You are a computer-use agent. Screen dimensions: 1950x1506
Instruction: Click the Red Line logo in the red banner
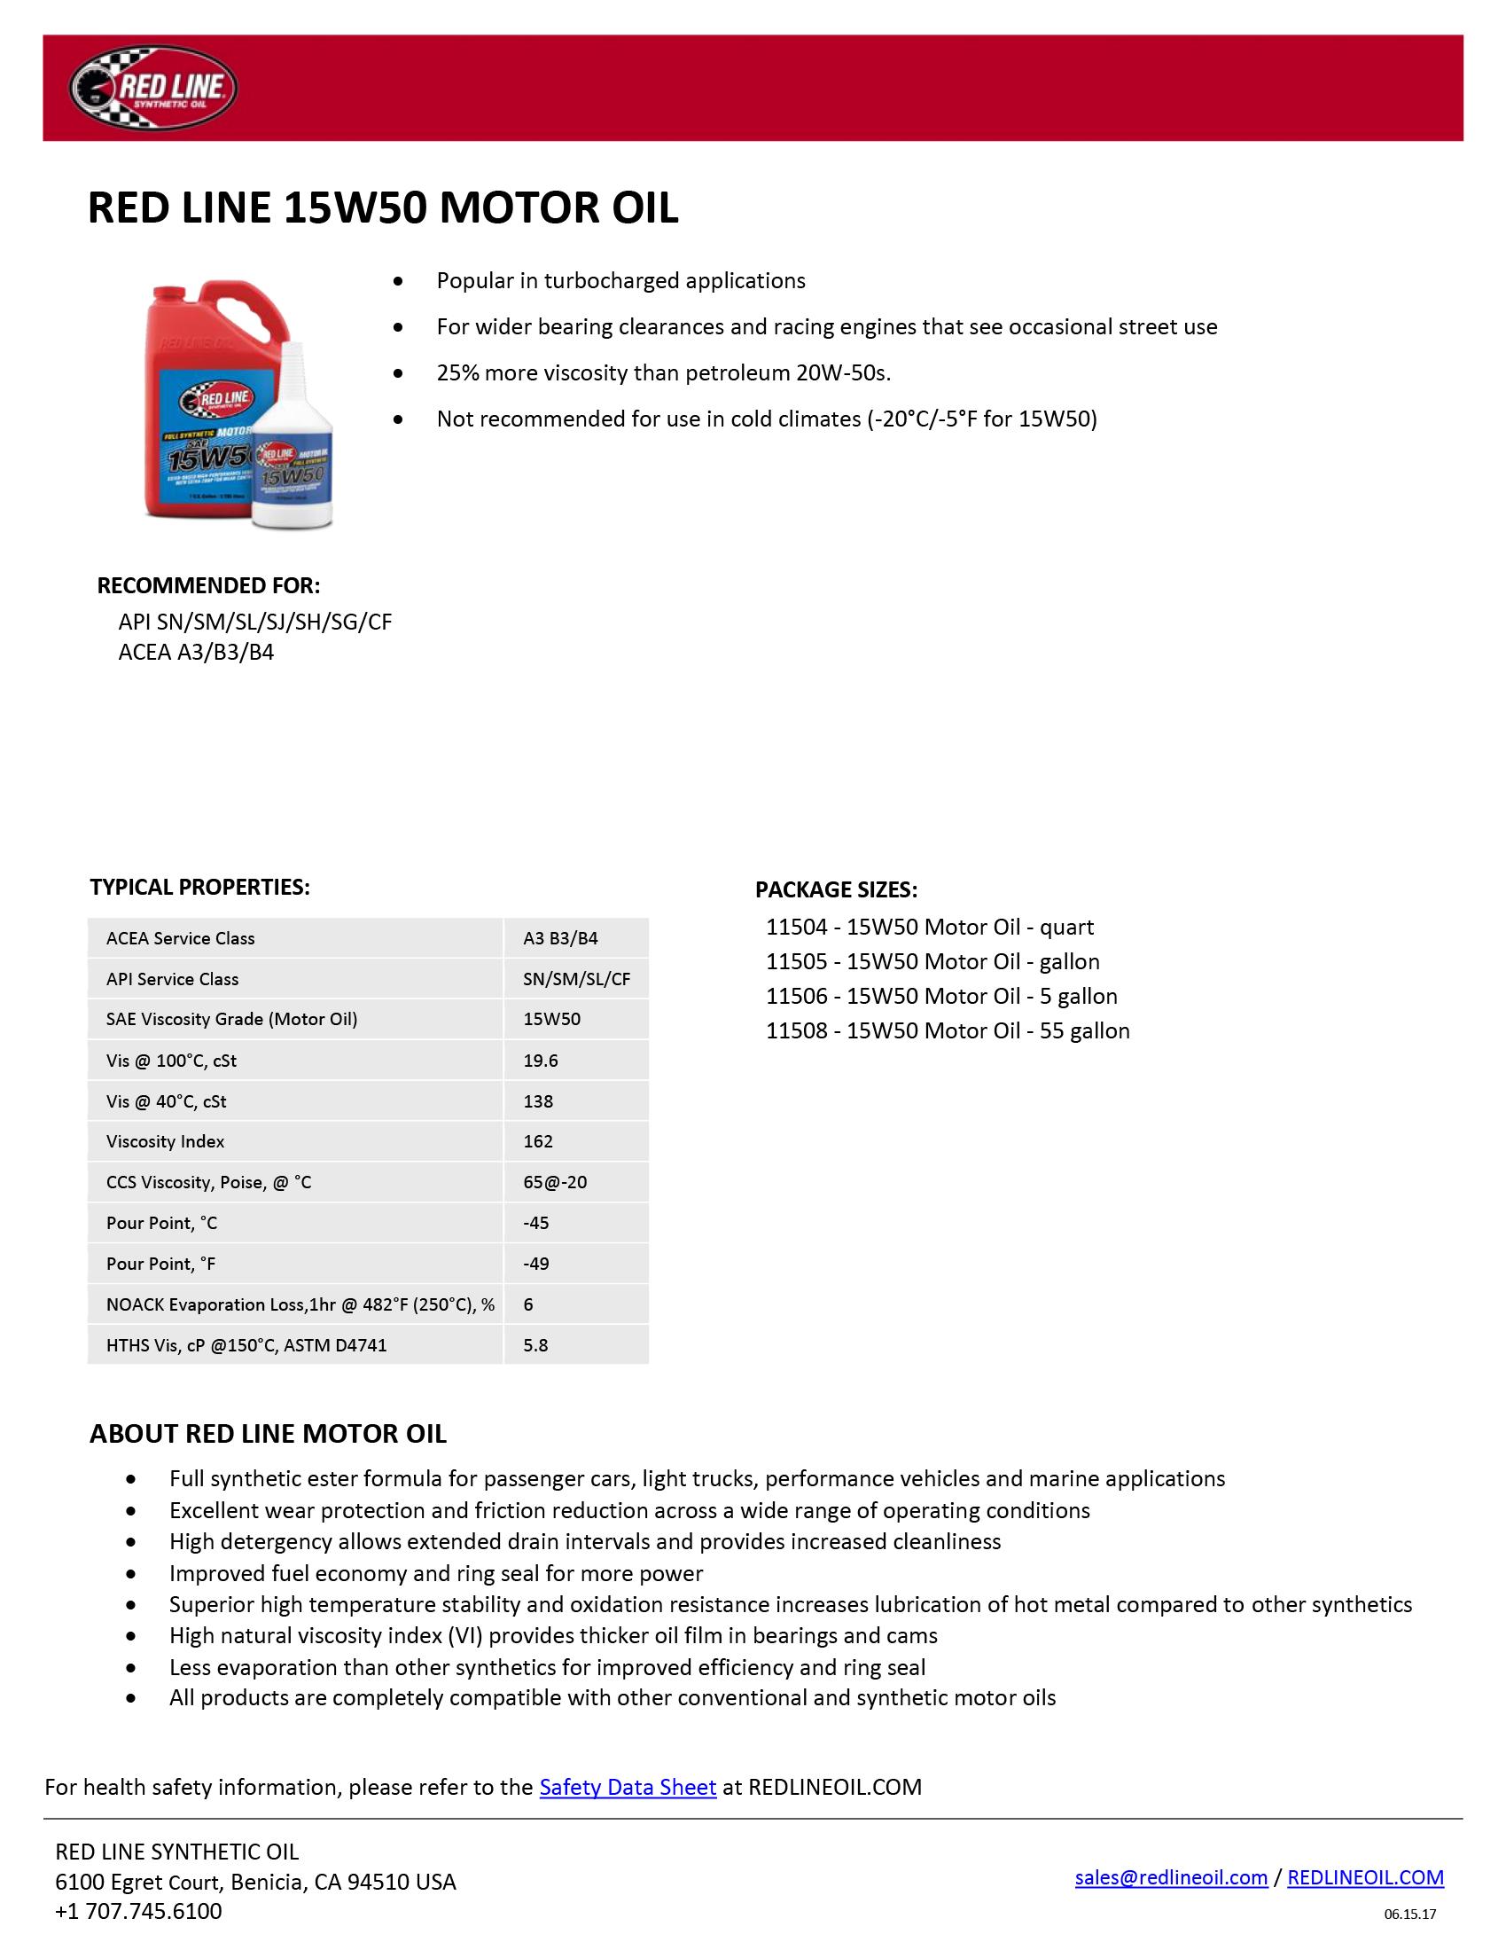152,88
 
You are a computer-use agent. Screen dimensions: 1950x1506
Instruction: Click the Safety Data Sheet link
628,1787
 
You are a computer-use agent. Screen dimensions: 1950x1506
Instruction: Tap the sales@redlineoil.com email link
1170,1876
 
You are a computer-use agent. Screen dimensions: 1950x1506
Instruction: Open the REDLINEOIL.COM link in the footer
1365,1876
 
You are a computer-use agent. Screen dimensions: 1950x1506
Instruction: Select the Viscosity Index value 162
538,1141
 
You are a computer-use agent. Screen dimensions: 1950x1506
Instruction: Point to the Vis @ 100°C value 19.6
540,1060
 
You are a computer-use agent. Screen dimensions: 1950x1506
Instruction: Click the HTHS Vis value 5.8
535,1344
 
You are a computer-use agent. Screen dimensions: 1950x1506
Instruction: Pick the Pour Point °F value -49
535,1264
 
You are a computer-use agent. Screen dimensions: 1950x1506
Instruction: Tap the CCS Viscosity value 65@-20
554,1182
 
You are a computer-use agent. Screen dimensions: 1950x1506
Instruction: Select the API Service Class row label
172,979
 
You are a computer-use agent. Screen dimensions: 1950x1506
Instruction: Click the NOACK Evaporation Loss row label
300,1304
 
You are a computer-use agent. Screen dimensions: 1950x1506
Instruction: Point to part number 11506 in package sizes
796,996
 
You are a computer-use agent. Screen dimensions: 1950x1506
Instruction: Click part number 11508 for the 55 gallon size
796,1030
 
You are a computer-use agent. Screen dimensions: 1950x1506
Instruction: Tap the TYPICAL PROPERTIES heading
200,887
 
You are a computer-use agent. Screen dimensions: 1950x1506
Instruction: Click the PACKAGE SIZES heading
836,889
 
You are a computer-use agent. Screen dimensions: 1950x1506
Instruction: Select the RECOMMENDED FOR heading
208,586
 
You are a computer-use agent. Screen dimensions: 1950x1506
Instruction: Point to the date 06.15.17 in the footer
1409,1915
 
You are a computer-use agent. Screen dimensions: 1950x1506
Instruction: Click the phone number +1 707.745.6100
138,1911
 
